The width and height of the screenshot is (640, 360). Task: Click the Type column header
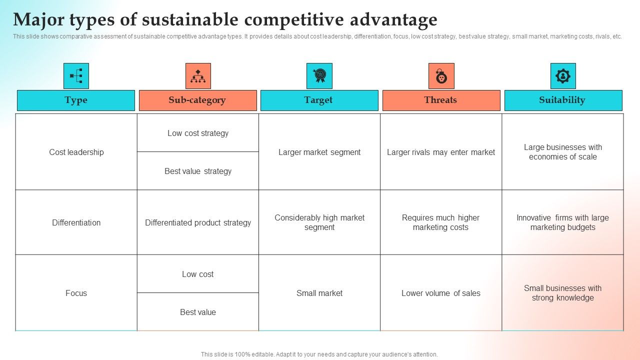[x=76, y=100]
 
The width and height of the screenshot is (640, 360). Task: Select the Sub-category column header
[x=197, y=100]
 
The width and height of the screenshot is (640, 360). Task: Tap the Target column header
[x=319, y=100]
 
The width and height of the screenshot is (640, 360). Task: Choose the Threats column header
[x=441, y=100]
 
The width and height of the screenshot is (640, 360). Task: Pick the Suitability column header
[x=562, y=100]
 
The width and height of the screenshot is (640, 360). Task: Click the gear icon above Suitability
[x=563, y=76]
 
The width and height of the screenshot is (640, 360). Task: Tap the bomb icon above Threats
[x=441, y=76]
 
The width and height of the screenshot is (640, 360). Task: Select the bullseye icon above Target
[x=319, y=76]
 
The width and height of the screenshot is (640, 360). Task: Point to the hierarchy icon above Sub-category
[x=198, y=76]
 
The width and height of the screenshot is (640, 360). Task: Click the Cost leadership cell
[x=76, y=152]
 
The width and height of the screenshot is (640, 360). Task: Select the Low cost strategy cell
[x=198, y=133]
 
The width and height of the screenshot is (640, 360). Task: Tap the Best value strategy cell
[x=198, y=171]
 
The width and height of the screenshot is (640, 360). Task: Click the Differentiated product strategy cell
[x=198, y=222]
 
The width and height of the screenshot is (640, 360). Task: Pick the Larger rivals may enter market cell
[x=441, y=152]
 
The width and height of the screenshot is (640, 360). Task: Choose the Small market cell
[x=319, y=293]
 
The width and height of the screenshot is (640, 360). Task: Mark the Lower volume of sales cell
[x=441, y=293]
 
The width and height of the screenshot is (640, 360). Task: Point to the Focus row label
[x=76, y=293]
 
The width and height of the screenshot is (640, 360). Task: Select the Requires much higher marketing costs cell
[x=441, y=222]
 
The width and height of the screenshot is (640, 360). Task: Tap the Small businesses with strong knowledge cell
[x=563, y=293]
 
